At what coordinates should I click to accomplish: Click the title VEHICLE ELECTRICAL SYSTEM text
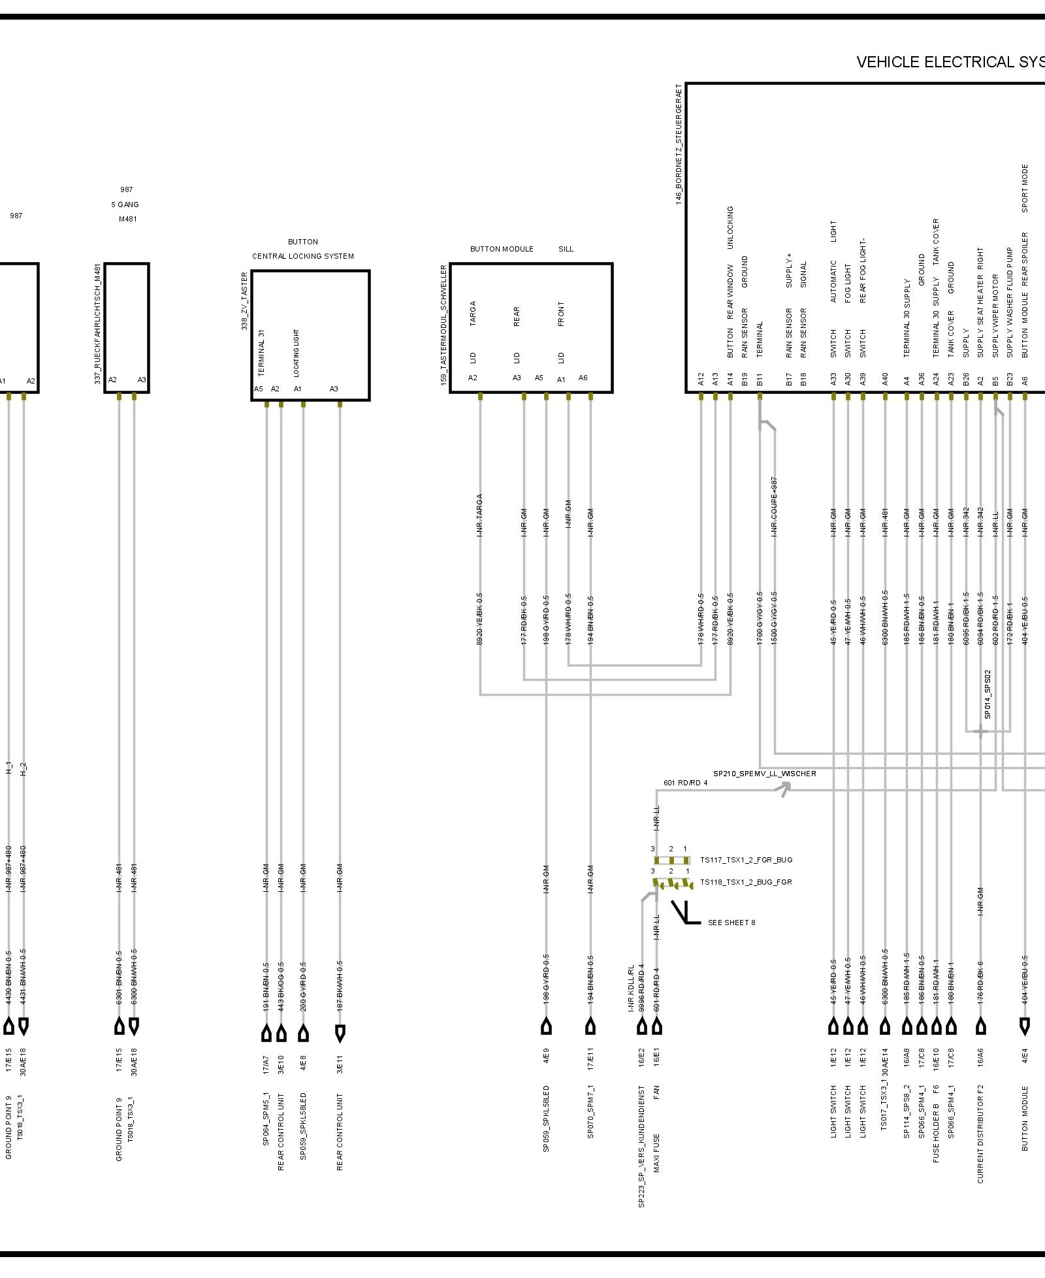tap(950, 62)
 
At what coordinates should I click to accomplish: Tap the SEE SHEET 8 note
tap(731, 923)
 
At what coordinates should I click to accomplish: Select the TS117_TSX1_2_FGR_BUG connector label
tap(746, 860)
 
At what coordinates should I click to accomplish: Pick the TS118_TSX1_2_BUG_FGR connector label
tap(746, 882)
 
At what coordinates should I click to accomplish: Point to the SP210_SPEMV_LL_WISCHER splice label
tap(764, 774)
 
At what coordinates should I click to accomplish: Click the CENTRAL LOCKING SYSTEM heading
tap(303, 256)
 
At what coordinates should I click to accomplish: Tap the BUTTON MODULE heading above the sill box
tap(502, 249)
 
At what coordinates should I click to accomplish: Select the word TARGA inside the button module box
tap(473, 314)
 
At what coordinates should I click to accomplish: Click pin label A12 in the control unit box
tap(701, 380)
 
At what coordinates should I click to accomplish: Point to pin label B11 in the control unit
tap(760, 380)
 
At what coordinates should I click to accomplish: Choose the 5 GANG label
tap(125, 205)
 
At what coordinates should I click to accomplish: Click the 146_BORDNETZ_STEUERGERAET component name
tap(679, 144)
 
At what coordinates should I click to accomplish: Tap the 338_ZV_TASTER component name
tap(244, 301)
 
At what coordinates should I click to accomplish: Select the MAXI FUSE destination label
tap(656, 1153)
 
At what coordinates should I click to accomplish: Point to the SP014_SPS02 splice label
tap(988, 695)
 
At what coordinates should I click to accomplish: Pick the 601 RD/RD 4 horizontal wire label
tap(685, 783)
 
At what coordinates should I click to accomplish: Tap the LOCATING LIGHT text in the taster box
tap(297, 353)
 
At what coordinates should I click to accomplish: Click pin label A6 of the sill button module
tap(583, 378)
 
